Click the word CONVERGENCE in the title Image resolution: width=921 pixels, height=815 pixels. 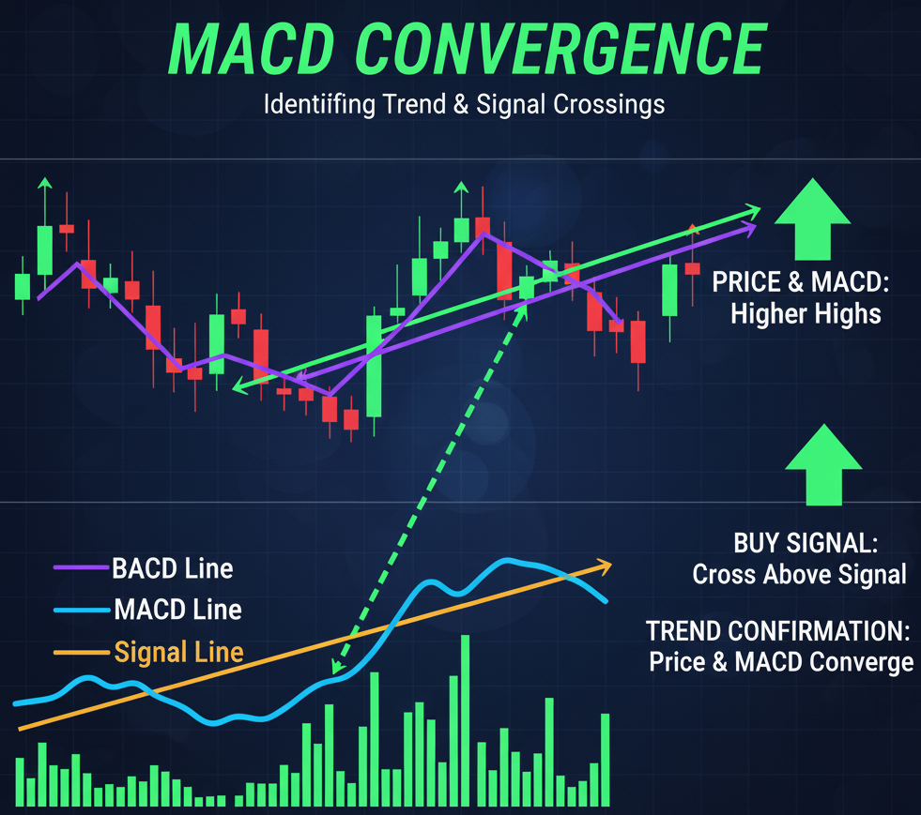(560, 49)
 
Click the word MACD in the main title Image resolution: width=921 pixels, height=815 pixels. (252, 49)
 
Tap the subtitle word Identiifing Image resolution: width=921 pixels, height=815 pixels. (319, 105)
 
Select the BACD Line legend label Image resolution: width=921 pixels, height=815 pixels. (173, 568)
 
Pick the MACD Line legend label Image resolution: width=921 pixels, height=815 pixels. (178, 610)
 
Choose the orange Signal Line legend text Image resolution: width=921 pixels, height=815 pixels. (178, 652)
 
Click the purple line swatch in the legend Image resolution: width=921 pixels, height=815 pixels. (82, 567)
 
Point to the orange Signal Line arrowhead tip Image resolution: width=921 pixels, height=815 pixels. (611, 565)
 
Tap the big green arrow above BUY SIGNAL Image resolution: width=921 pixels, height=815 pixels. (823, 464)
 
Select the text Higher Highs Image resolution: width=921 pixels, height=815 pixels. (806, 314)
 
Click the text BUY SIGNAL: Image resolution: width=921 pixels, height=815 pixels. (806, 543)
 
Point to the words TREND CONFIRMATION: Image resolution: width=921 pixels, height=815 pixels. (778, 631)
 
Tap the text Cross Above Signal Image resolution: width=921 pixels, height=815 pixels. (799, 574)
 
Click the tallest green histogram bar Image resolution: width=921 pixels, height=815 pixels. (466, 720)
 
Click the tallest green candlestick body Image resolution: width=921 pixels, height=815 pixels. (374, 366)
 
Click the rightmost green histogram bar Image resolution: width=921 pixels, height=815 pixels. (605, 761)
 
